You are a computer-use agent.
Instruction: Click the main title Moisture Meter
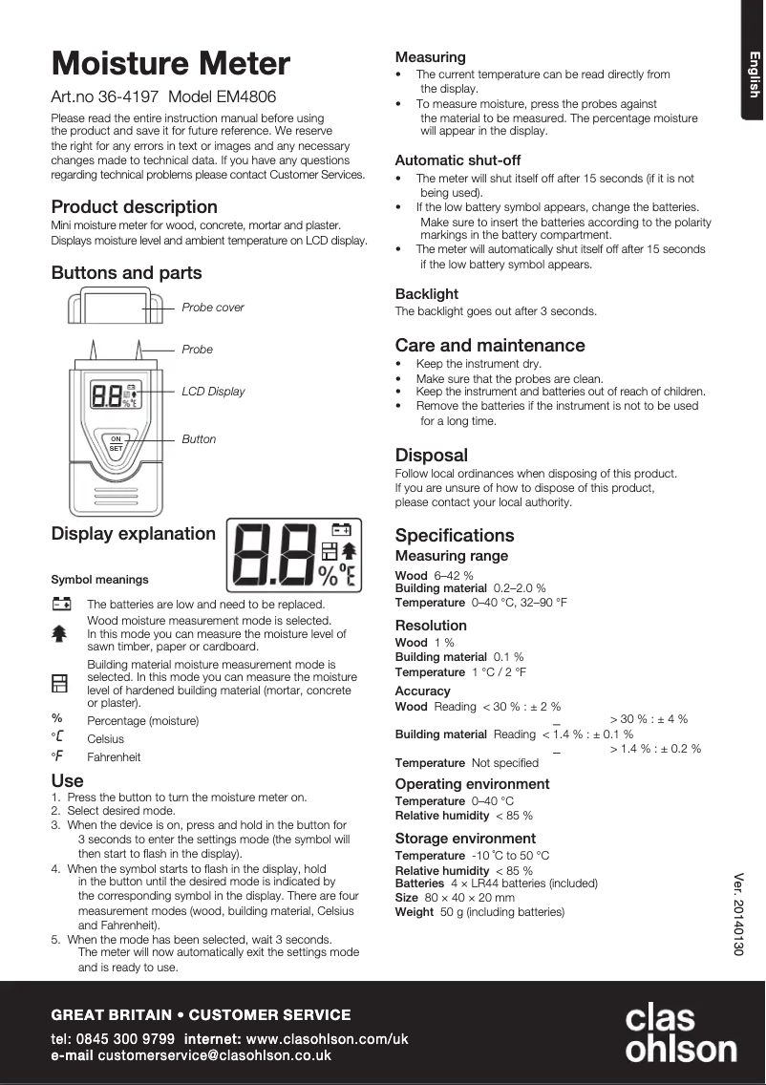pyautogui.click(x=170, y=64)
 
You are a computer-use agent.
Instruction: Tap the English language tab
pyautogui.click(x=753, y=74)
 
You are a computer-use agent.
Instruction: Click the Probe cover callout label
pyautogui.click(x=212, y=308)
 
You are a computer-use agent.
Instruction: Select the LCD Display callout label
pyautogui.click(x=213, y=392)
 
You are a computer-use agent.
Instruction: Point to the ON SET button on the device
pyautogui.click(x=116, y=443)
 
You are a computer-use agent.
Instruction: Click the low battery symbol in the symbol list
pyautogui.click(x=61, y=604)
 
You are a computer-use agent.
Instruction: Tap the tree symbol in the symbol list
pyautogui.click(x=59, y=632)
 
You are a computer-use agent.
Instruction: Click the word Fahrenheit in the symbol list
pyautogui.click(x=114, y=757)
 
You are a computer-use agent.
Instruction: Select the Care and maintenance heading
pyautogui.click(x=490, y=346)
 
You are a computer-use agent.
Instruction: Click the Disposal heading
pyautogui.click(x=432, y=456)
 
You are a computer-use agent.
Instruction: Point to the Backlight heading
pyautogui.click(x=427, y=294)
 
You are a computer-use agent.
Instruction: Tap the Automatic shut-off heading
pyautogui.click(x=457, y=160)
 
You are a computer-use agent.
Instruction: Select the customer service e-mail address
pyautogui.click(x=214, y=1055)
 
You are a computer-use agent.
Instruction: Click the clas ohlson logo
pyautogui.click(x=680, y=1032)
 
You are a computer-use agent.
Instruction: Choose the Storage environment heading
pyautogui.click(x=465, y=839)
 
